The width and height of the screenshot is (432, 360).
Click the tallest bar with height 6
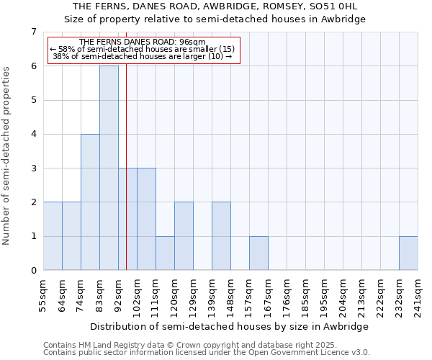109,168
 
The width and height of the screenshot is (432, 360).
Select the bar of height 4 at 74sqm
90,202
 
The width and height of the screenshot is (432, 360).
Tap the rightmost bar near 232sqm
408,253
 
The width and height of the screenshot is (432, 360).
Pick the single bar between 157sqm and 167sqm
258,253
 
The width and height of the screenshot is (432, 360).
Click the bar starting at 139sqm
221,236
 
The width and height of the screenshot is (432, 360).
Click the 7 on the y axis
33,32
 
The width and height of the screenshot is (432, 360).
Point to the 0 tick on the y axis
33,271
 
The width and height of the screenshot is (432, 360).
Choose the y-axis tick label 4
33,134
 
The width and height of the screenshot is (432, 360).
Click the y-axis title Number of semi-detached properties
7,156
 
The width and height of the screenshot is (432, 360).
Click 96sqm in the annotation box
192,42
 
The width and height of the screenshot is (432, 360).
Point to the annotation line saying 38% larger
143,56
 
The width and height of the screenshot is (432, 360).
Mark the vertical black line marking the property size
126,180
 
